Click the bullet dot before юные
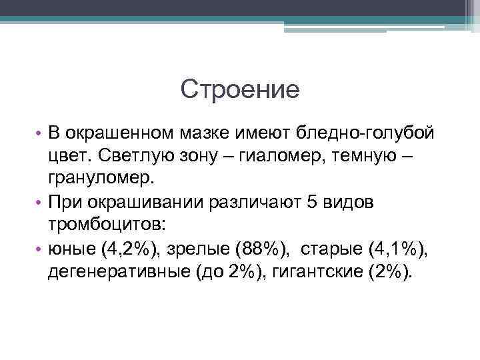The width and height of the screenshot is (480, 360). [39, 249]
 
